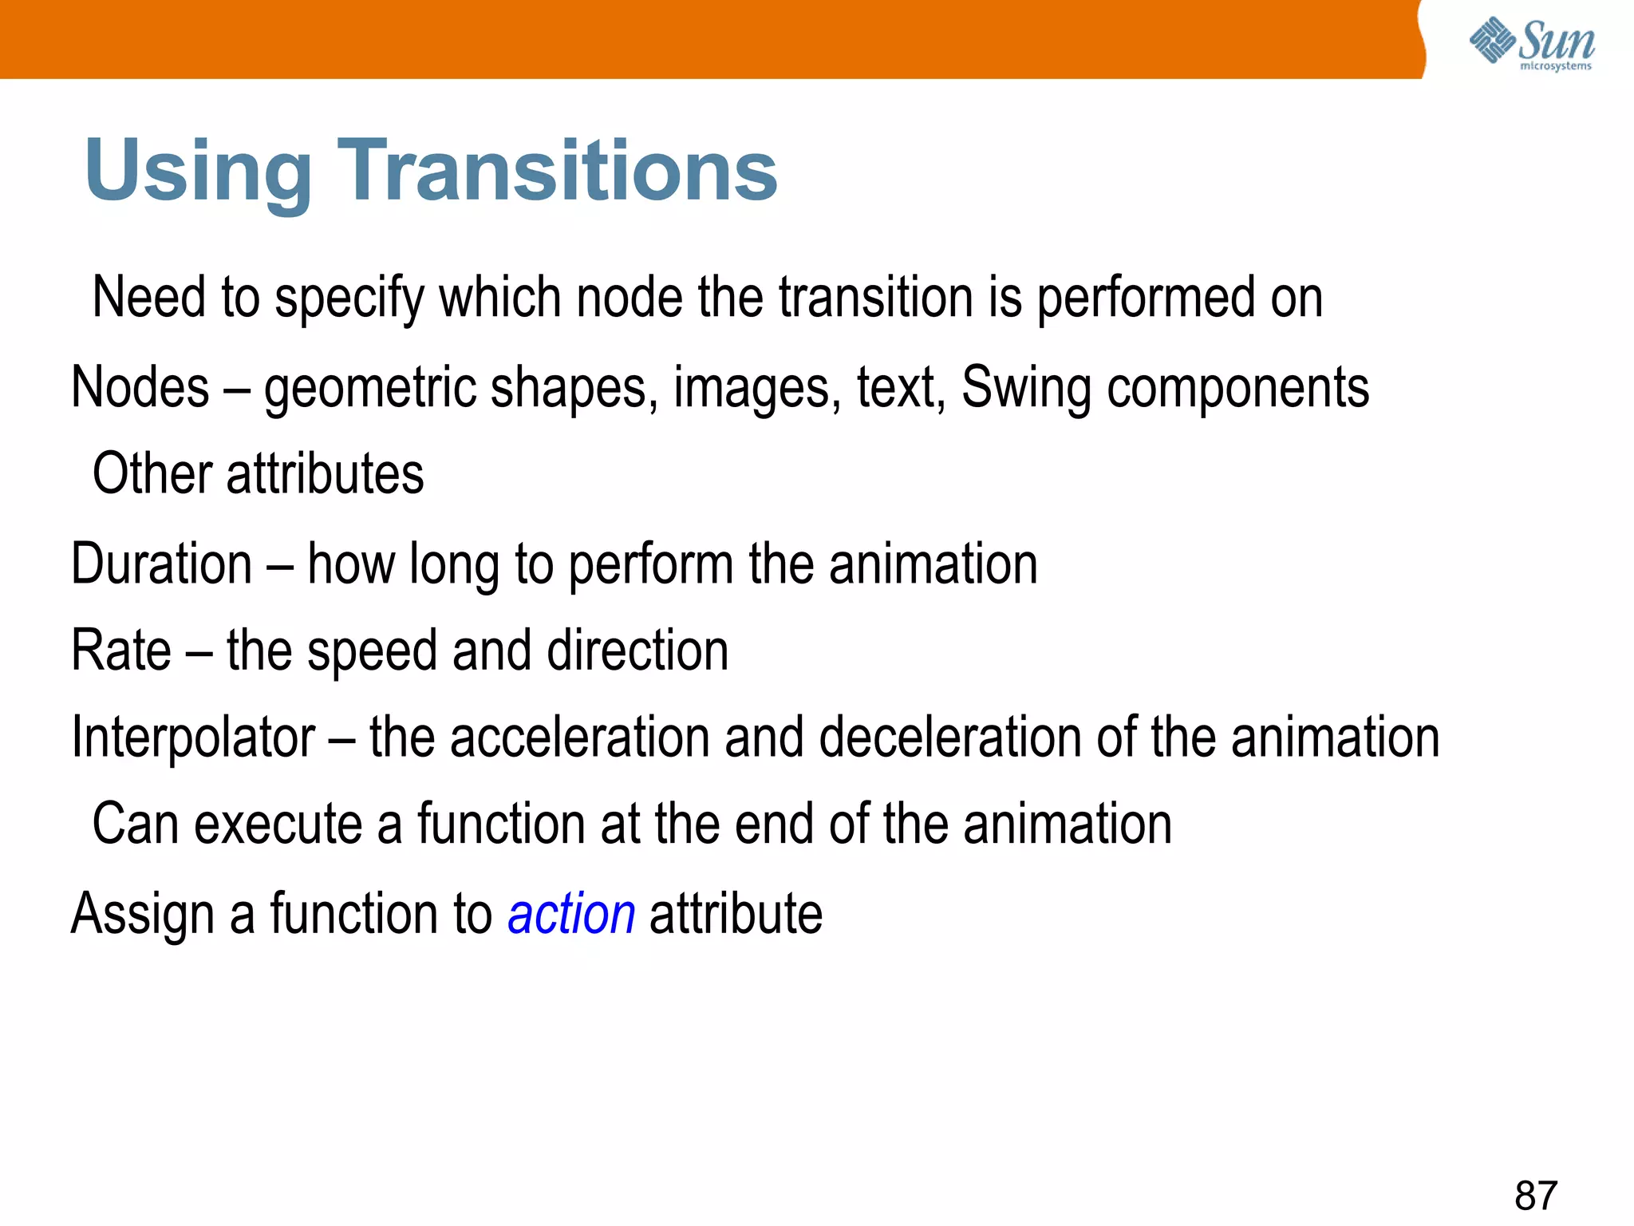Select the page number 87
tap(1536, 1195)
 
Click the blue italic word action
tap(571, 913)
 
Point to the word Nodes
tap(140, 387)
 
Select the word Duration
tap(162, 564)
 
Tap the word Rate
tap(121, 650)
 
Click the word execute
tap(278, 824)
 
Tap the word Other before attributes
tap(152, 473)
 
